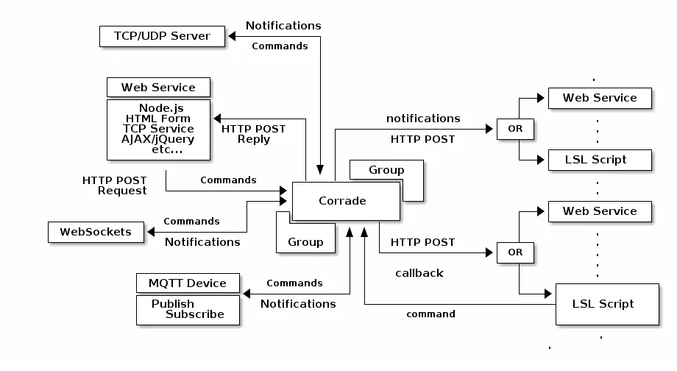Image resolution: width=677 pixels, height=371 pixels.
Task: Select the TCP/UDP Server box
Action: point(162,36)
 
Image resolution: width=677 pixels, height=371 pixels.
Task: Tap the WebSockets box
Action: point(96,232)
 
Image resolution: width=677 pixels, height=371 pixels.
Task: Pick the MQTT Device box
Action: point(188,283)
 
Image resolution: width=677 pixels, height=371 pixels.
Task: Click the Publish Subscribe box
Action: point(188,309)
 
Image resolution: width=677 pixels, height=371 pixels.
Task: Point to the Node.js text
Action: point(161,108)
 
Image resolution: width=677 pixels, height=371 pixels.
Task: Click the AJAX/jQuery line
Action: point(157,139)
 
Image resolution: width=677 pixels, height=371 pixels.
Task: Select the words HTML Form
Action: point(157,119)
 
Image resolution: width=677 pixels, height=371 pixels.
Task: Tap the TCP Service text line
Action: point(157,129)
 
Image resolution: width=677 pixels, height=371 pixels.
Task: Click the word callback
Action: point(419,273)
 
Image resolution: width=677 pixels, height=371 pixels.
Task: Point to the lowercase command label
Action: point(430,314)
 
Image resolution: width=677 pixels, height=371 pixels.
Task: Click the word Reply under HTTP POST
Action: point(253,139)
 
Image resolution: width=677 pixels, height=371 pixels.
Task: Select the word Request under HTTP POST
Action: point(122,191)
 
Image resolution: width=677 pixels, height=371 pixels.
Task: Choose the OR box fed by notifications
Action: point(515,129)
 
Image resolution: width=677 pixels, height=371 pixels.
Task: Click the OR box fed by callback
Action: point(515,252)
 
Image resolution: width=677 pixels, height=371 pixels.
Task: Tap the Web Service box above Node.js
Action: point(158,88)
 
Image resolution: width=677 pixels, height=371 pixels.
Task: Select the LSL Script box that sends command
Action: point(603,304)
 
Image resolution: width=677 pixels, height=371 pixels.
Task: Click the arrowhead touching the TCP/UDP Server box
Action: point(230,36)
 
